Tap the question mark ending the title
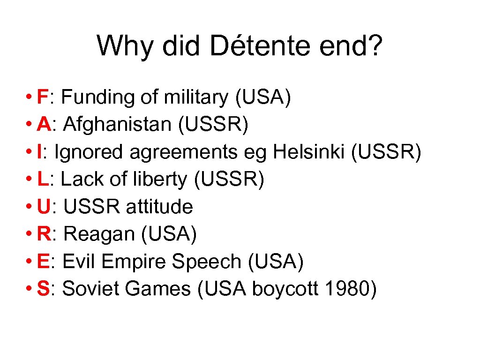pos(374,45)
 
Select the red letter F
pos(44,97)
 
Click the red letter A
pos(45,124)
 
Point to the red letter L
pos(43,179)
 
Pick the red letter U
pos(45,206)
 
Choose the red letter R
pos(45,234)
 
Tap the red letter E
pos(44,261)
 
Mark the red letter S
pos(44,289)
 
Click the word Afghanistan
pos(118,124)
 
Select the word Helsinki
pos(311,152)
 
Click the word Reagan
pos(99,234)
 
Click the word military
pos(196,97)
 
